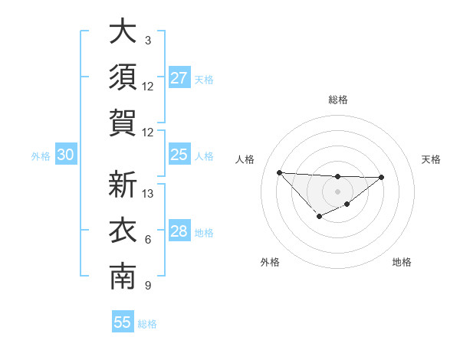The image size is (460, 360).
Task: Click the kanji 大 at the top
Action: click(123, 32)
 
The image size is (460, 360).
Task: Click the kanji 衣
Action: click(123, 231)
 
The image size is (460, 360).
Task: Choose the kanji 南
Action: click(123, 277)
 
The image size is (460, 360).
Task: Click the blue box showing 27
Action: click(179, 78)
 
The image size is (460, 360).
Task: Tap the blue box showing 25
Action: click(179, 155)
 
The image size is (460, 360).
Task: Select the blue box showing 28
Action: click(179, 232)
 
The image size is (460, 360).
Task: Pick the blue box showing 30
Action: click(65, 155)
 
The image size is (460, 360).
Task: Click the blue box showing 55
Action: click(123, 322)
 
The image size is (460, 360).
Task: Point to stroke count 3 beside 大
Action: click(148, 40)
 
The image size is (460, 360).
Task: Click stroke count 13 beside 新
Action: click(148, 193)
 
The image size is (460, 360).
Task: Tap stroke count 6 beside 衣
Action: click(148, 240)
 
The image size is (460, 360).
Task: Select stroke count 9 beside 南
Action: click(148, 286)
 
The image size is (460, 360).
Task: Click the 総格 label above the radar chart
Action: click(337, 100)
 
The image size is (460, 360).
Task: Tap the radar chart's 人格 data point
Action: click(279, 172)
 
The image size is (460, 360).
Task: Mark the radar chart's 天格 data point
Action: click(382, 178)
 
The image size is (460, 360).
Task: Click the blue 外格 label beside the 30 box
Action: click(41, 156)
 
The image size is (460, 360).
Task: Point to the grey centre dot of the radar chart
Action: click(337, 191)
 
